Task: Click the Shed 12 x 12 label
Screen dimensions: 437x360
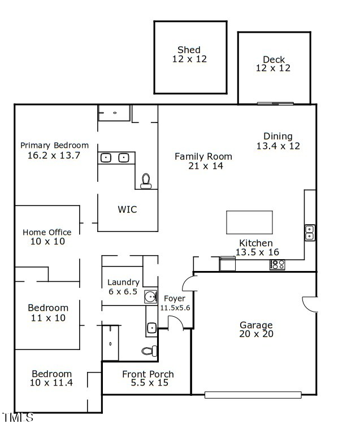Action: pos(189,54)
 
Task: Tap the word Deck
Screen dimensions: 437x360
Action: pos(274,59)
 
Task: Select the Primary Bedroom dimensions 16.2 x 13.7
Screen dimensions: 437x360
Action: pos(54,155)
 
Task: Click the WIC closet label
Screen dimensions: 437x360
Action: pos(127,209)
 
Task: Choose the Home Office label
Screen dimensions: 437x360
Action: pos(47,232)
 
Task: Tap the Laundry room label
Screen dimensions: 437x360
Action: pos(123,282)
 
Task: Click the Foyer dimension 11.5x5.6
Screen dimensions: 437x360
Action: pos(175,308)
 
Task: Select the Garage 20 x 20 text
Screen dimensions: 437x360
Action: pos(256,329)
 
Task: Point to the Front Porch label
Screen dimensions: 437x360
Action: pos(148,374)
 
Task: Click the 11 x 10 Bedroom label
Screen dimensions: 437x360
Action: pos(48,313)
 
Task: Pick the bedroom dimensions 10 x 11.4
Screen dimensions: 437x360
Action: pos(51,383)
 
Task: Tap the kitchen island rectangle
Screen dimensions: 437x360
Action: pos(249,222)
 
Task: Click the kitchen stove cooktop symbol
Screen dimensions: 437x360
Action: pos(277,264)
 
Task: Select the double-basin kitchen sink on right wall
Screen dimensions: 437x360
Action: pos(310,232)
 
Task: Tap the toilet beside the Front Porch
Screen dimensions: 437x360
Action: pos(149,351)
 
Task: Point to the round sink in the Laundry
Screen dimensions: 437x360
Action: pos(150,296)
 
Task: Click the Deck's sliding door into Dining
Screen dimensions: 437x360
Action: pos(275,103)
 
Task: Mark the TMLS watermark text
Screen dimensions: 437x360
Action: pos(18,418)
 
